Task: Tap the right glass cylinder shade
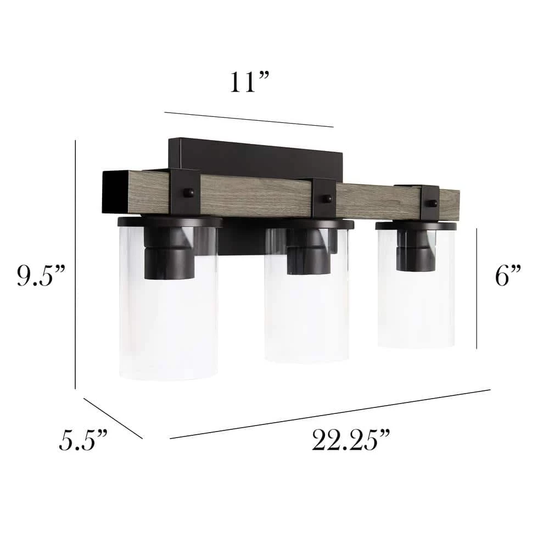pyautogui.click(x=416, y=287)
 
